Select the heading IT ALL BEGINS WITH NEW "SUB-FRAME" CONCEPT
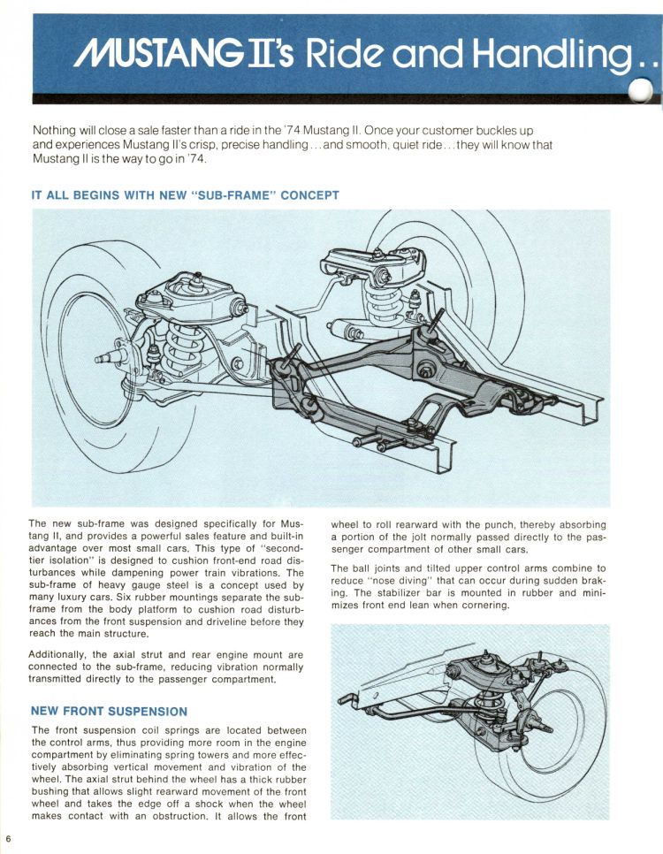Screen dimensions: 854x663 185,195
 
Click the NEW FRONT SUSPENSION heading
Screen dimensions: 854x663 109,710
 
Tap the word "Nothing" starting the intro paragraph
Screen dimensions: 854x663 56,131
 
